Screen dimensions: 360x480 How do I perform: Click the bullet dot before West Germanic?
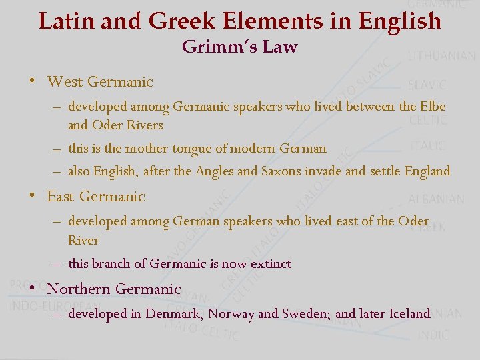31,82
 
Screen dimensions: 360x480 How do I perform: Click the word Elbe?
432,106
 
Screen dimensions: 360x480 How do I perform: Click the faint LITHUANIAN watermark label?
441,56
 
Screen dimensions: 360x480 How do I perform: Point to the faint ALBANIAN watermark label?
436,199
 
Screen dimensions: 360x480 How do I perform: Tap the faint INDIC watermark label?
433,335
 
